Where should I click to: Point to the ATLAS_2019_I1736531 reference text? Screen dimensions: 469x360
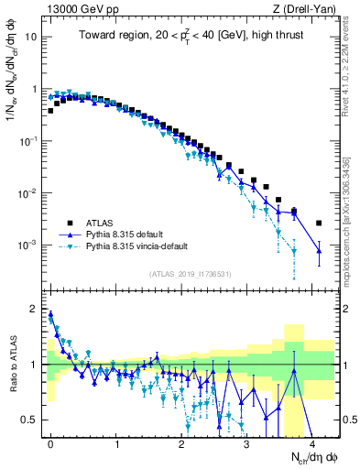(191, 275)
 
